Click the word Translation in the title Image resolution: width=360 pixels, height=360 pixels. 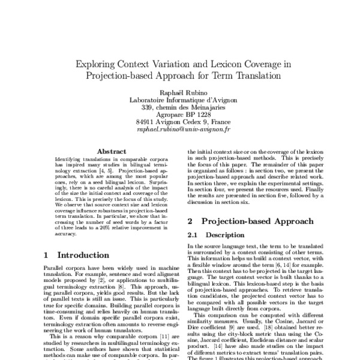click(257, 76)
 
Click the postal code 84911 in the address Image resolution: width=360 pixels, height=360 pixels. click(148, 120)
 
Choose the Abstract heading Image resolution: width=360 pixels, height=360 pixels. click(111, 152)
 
